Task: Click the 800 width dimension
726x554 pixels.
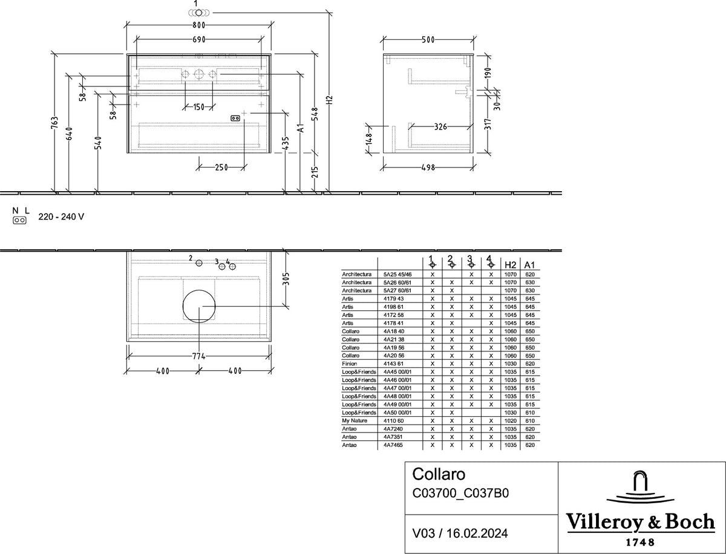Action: tap(199, 25)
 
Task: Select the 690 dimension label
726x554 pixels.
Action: tap(199, 40)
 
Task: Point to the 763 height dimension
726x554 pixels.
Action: tap(55, 123)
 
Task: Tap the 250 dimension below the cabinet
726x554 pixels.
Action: tap(221, 168)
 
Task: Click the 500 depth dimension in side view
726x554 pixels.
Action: tap(428, 40)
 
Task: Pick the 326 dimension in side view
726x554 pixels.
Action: tap(440, 126)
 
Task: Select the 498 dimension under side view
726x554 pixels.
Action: tap(428, 168)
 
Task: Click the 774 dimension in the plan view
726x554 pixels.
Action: tap(199, 356)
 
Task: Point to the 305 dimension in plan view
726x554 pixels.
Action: tap(286, 279)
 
